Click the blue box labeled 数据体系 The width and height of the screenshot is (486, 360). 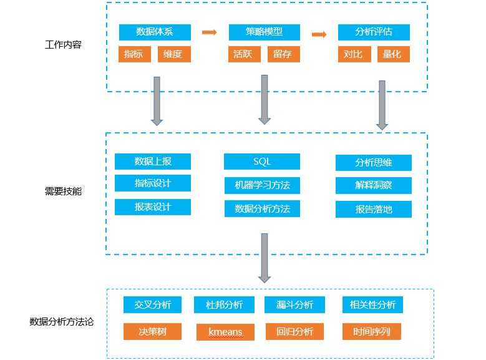pyautogui.click(x=155, y=32)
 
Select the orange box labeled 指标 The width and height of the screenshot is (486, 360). pyautogui.click(x=135, y=54)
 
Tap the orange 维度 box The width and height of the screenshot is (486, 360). pyautogui.click(x=174, y=54)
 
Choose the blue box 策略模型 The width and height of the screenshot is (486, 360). pyautogui.click(x=265, y=32)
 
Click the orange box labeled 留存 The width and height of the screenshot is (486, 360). pyautogui.click(x=284, y=54)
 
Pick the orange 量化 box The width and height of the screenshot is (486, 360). pyautogui.click(x=393, y=54)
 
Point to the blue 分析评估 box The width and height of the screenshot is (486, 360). pyautogui.click(x=374, y=32)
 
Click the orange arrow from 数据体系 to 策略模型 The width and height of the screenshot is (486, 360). pyautogui.click(x=210, y=32)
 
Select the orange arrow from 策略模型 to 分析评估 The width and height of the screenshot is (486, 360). pyautogui.click(x=319, y=34)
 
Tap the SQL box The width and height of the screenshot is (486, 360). pyautogui.click(x=262, y=162)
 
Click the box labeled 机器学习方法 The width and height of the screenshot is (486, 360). pyautogui.click(x=262, y=185)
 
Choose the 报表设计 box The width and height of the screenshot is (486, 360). pyautogui.click(x=153, y=207)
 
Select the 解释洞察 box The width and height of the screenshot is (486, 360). pyautogui.click(x=374, y=185)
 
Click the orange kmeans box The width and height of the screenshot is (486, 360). pyautogui.click(x=225, y=332)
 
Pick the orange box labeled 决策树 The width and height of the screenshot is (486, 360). pyautogui.click(x=152, y=331)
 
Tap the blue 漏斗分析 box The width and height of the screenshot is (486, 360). pyautogui.click(x=294, y=305)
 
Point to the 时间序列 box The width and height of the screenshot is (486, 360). pyautogui.click(x=372, y=331)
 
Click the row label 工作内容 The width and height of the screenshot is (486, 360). pyautogui.click(x=63, y=45)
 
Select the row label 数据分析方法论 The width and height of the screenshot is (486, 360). pyautogui.click(x=61, y=322)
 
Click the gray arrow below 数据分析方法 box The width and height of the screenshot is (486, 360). pyautogui.click(x=265, y=258)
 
